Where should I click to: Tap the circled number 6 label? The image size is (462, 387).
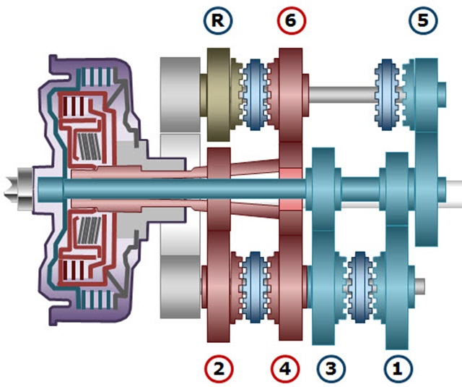[290, 21]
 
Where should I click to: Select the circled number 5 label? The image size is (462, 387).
[422, 21]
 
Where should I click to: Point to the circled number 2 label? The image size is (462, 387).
[219, 368]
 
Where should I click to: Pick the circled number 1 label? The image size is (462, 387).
[396, 368]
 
